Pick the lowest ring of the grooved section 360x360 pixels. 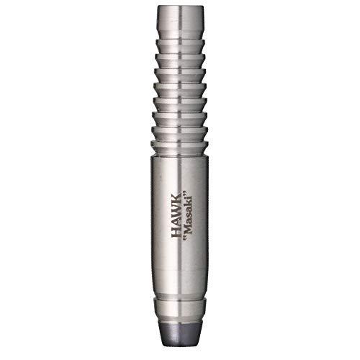pos(180,134)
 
